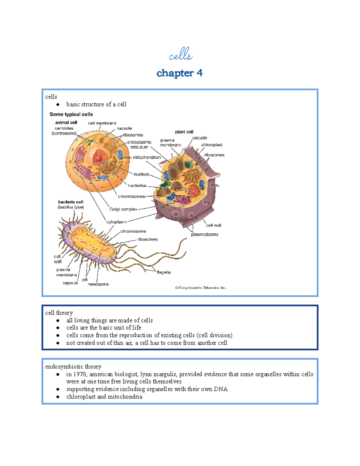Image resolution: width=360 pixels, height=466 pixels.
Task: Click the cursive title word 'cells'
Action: [181, 55]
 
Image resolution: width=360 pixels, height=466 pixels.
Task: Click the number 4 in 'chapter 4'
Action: [199, 73]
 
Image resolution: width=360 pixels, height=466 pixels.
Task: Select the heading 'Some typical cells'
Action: [71, 114]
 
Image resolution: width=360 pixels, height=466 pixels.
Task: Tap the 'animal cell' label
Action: [66, 122]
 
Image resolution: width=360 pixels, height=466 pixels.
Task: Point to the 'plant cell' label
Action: [184, 132]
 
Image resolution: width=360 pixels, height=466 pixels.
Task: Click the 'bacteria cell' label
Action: [70, 202]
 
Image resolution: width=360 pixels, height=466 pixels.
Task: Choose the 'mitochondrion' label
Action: [147, 157]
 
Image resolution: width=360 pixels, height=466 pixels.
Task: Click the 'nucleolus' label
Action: [137, 185]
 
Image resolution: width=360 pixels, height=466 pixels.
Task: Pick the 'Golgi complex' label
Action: [123, 209]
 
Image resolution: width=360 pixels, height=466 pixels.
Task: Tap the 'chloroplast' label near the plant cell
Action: [212, 145]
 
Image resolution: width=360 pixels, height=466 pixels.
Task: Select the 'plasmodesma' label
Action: [205, 234]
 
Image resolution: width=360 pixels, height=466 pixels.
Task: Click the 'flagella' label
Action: [163, 272]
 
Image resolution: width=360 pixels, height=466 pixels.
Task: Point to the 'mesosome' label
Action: [98, 284]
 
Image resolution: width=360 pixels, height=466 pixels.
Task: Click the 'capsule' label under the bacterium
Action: [70, 283]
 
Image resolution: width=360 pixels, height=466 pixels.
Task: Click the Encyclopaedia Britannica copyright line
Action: [201, 288]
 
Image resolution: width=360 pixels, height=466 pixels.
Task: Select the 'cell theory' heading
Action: [59, 313]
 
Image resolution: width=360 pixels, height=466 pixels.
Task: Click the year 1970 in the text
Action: [80, 374]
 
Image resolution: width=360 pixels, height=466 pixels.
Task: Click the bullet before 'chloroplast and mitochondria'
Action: [58, 397]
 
